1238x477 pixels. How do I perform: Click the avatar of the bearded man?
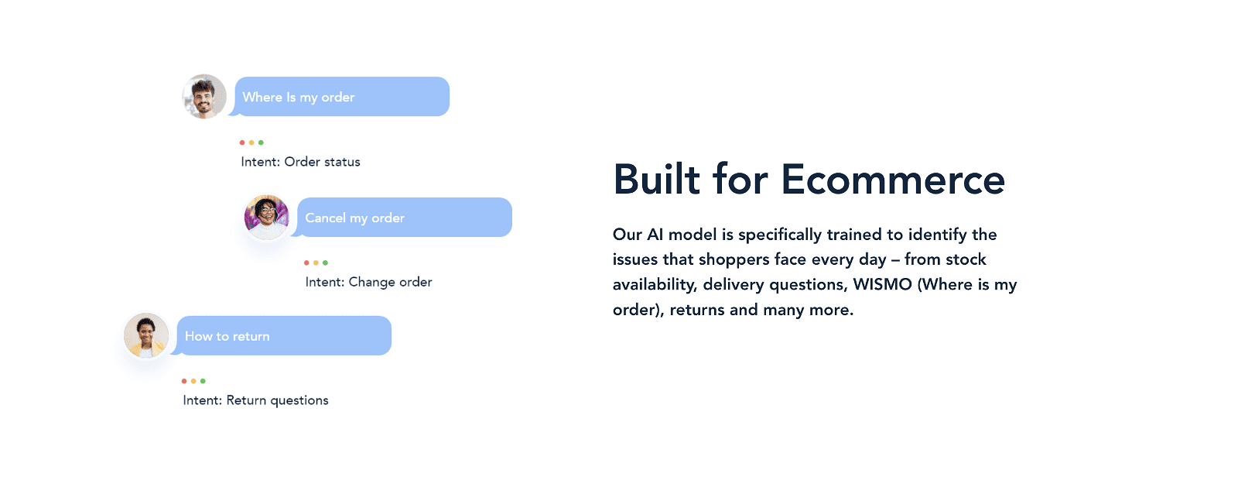pyautogui.click(x=204, y=96)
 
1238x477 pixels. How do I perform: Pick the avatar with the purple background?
pyautogui.click(x=266, y=217)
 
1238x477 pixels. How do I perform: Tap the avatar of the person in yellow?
pyautogui.click(x=146, y=336)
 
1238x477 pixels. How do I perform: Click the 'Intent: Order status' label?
pyautogui.click(x=301, y=162)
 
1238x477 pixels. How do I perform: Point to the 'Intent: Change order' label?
pyautogui.click(x=368, y=282)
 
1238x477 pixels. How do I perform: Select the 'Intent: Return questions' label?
pyautogui.click(x=255, y=400)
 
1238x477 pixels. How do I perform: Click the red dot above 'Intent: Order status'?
pyautogui.click(x=242, y=142)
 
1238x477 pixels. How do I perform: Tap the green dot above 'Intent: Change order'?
pyautogui.click(x=326, y=263)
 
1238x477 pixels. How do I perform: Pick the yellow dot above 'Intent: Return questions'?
pyautogui.click(x=193, y=381)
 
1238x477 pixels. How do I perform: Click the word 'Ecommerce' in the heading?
pyautogui.click(x=893, y=180)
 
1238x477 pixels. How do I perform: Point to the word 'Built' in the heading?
pyautogui.click(x=657, y=180)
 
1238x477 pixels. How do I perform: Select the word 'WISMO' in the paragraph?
pyautogui.click(x=883, y=284)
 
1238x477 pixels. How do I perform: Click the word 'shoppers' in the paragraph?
pyautogui.click(x=730, y=260)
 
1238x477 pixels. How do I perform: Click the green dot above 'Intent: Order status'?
pyautogui.click(x=261, y=142)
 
